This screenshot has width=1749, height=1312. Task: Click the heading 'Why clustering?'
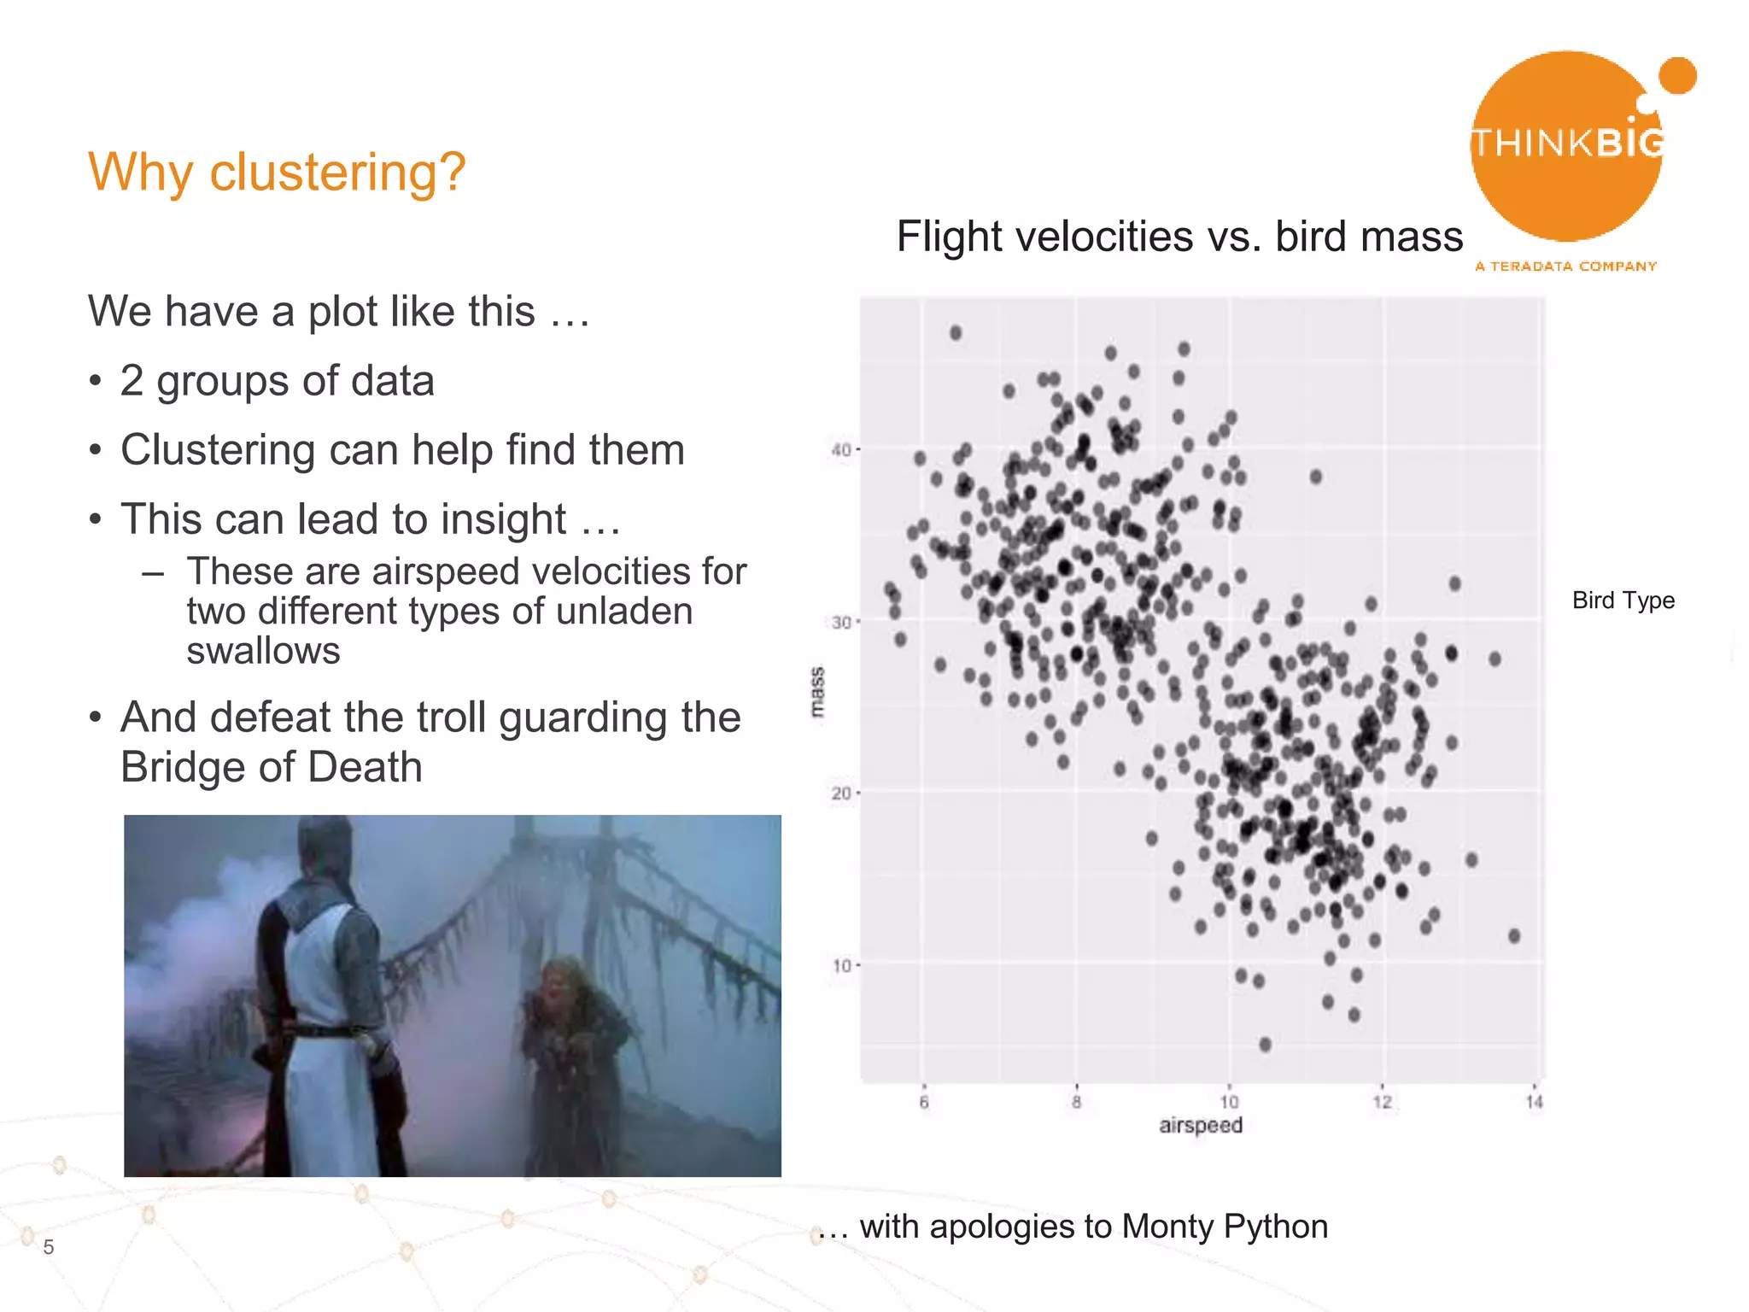(277, 172)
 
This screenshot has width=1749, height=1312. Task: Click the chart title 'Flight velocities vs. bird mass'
(1179, 237)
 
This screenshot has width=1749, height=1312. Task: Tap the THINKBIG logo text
(1568, 143)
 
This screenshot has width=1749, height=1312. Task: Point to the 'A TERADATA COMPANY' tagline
(1565, 266)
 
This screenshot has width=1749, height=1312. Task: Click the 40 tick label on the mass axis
(841, 449)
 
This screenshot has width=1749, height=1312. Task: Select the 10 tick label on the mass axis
(841, 966)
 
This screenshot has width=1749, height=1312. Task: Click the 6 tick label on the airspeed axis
(923, 1103)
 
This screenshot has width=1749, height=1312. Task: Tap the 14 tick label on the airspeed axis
(1534, 1103)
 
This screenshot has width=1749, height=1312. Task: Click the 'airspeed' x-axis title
(1200, 1126)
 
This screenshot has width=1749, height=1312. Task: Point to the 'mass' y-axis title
(817, 692)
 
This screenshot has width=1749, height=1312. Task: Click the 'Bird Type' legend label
(1623, 600)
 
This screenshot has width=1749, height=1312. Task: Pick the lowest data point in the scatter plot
(1265, 1045)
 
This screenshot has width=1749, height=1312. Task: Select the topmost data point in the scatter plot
(956, 332)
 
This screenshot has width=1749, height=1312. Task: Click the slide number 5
(49, 1247)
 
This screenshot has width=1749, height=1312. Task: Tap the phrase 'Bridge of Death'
(272, 767)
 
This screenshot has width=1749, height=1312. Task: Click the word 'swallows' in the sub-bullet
(263, 651)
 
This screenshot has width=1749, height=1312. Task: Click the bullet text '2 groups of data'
(277, 381)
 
